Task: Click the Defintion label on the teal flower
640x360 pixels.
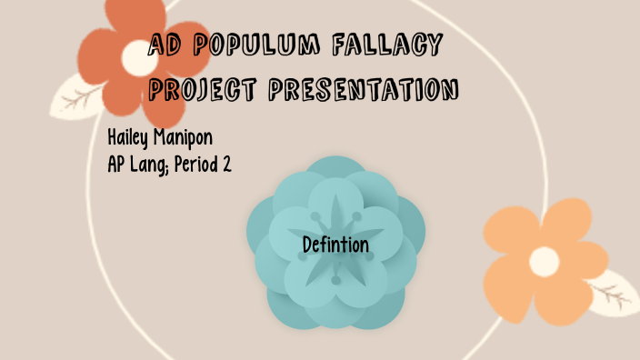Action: pos(335,245)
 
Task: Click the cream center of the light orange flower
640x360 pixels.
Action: pos(544,261)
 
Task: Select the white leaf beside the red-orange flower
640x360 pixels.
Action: pos(77,98)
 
